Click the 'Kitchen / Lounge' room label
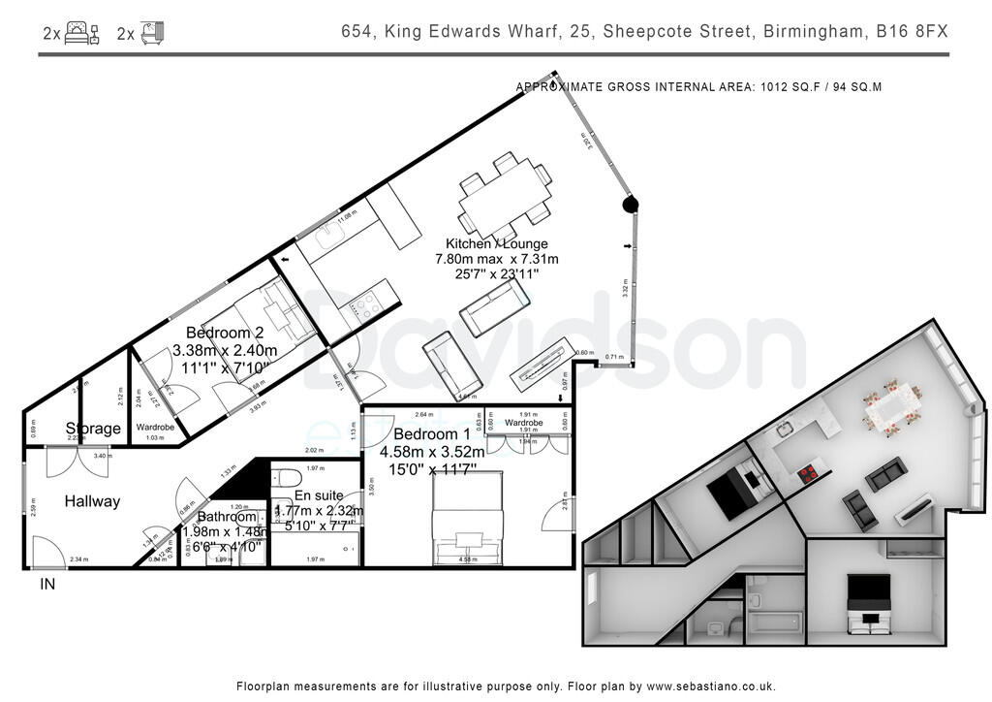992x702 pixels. [496, 243]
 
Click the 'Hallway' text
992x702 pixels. [92, 501]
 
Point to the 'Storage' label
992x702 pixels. [93, 429]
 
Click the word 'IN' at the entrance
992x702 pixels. [47, 585]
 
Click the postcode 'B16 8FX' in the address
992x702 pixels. [912, 32]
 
